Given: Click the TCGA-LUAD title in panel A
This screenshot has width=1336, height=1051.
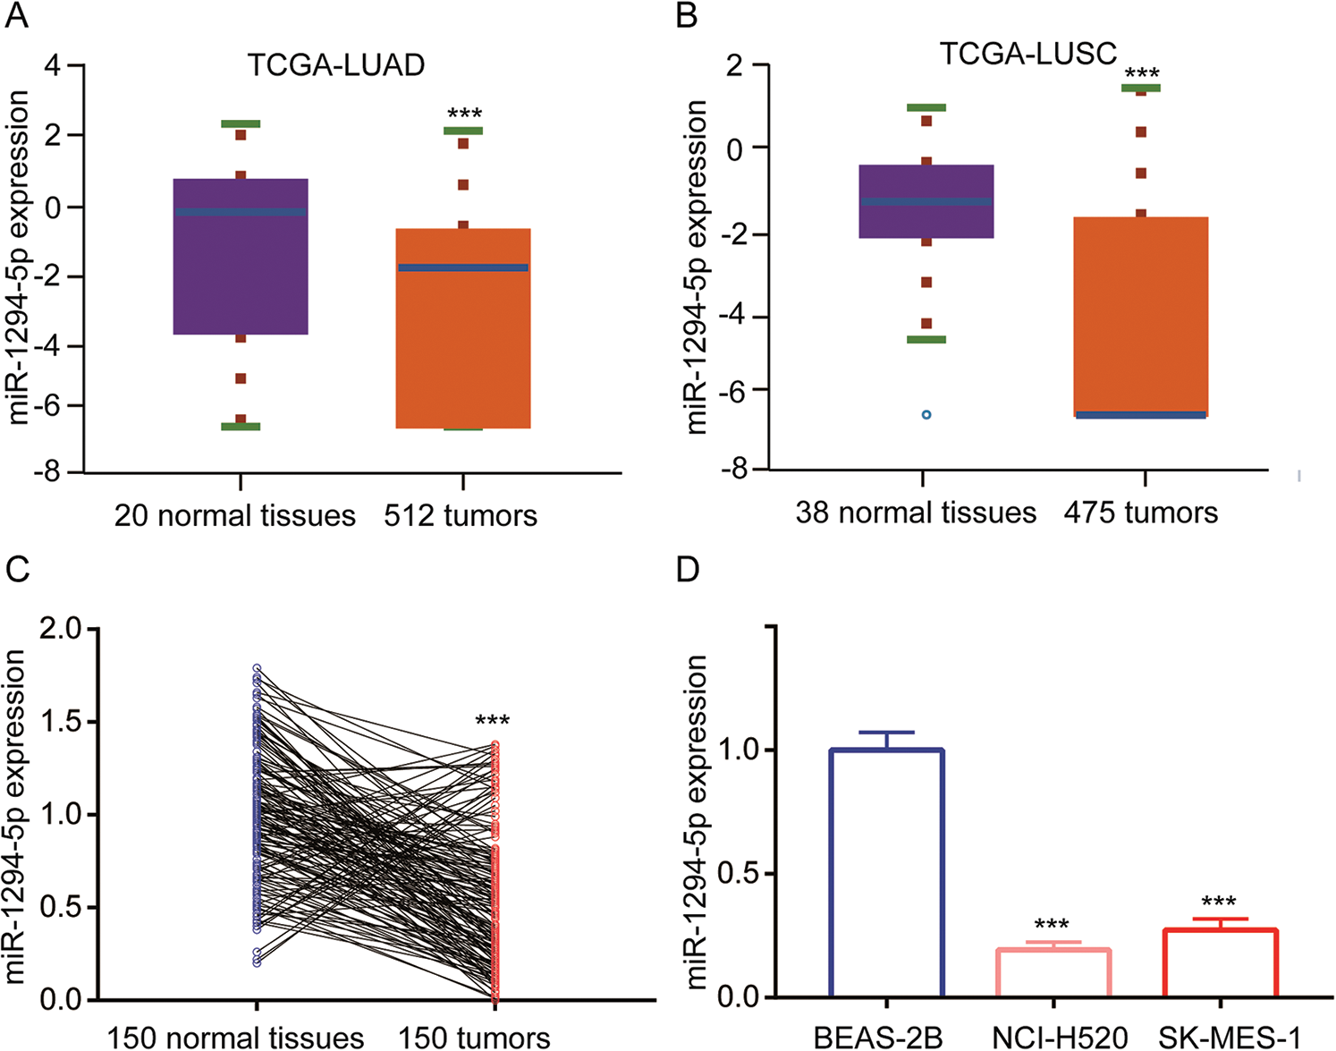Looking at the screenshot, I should coord(335,65).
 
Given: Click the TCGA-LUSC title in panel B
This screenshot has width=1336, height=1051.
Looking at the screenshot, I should coord(1027,54).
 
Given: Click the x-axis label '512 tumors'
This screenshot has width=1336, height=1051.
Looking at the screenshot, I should coord(461,516).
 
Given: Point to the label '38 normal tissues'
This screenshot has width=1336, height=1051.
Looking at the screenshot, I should coord(916,513).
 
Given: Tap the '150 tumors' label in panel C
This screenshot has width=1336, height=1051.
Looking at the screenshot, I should coord(474,1038).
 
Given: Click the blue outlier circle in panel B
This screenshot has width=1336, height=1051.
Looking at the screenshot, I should coord(926,415).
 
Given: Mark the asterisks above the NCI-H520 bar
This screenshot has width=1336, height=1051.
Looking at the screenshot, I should coord(1052,924).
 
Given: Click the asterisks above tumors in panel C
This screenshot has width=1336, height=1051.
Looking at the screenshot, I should coord(492,721).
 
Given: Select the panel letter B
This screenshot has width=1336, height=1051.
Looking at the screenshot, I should coord(687,15).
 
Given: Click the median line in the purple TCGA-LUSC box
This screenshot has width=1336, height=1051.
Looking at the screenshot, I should coord(926,201).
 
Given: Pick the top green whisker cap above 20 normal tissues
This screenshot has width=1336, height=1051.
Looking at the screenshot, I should coord(241,123).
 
